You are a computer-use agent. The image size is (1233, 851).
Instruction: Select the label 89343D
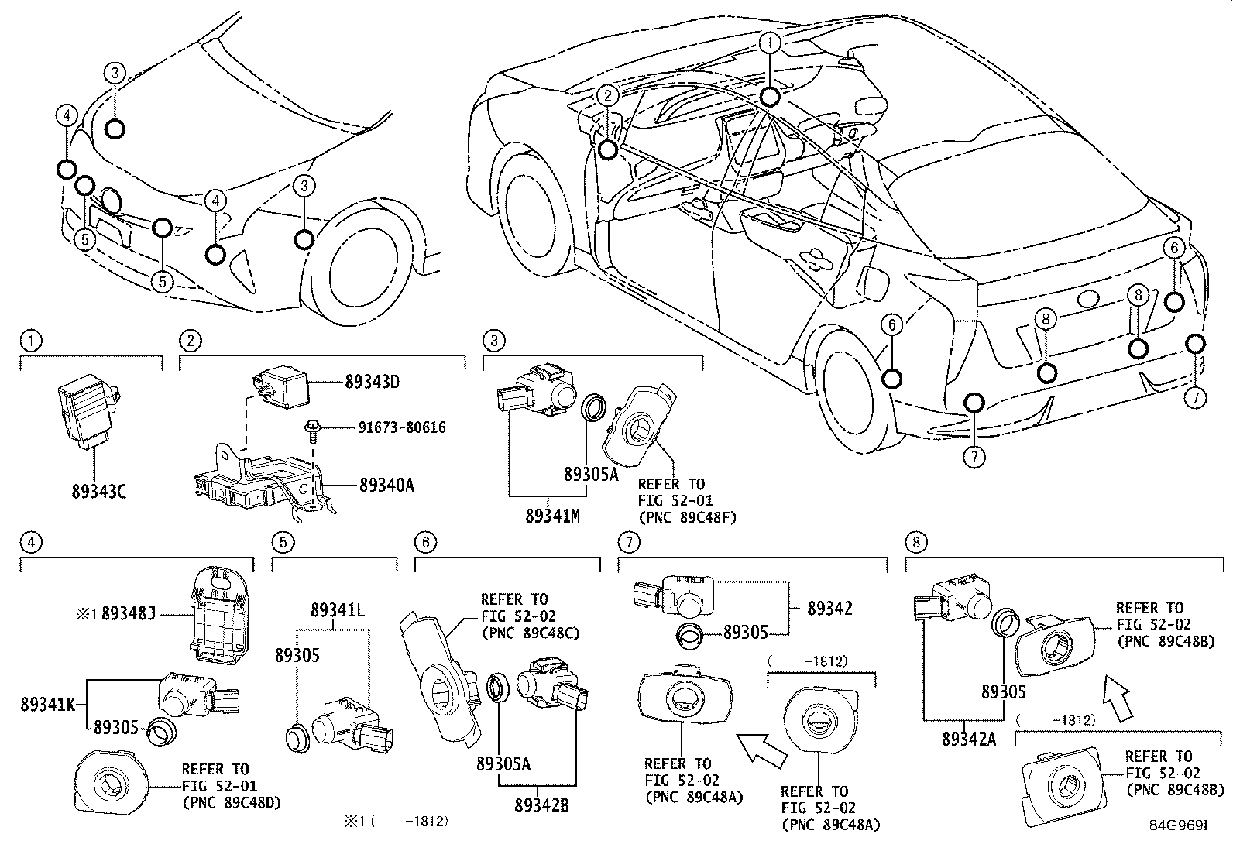(372, 381)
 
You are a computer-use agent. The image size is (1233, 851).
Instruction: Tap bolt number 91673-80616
(401, 427)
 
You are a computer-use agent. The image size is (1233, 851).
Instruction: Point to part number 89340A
(386, 486)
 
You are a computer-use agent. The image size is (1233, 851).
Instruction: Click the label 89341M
(552, 514)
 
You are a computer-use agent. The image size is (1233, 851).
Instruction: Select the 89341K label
(47, 704)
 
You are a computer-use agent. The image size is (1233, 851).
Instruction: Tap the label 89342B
(541, 806)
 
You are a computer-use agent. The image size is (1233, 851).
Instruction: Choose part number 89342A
(968, 739)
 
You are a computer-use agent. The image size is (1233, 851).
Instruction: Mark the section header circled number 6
(422, 542)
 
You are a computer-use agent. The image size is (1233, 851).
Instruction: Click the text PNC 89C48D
(232, 802)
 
